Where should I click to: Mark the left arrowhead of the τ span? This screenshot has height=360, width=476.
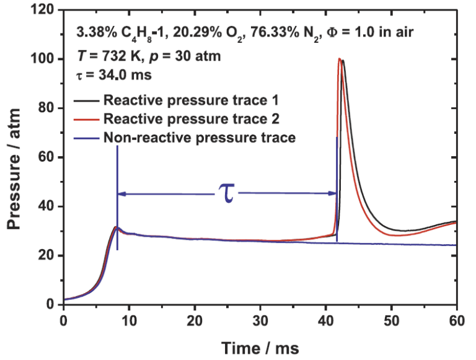(x=121, y=194)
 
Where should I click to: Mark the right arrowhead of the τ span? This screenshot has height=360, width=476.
(x=332, y=194)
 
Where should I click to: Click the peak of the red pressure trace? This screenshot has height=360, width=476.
(x=340, y=59)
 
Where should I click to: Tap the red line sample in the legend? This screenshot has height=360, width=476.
(x=87, y=118)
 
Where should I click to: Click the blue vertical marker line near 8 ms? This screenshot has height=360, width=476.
(x=117, y=198)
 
